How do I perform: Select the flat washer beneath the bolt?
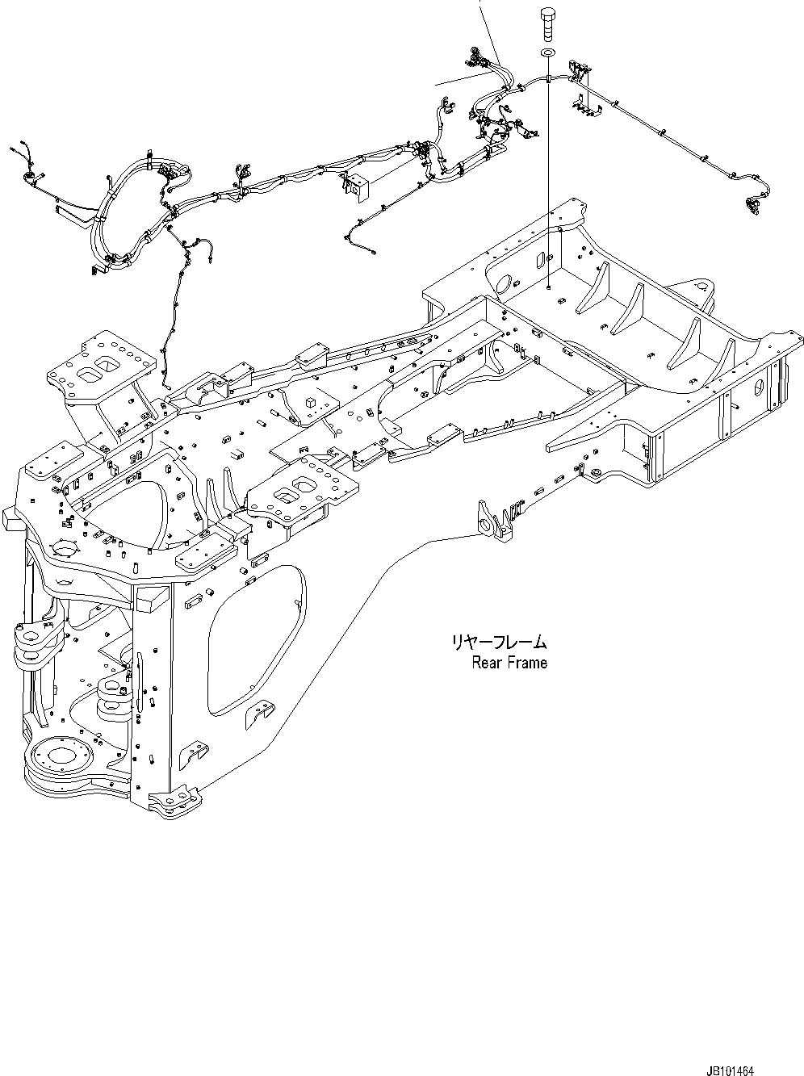[x=547, y=52]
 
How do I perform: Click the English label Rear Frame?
[x=509, y=663]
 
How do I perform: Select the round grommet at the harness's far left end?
[x=30, y=178]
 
